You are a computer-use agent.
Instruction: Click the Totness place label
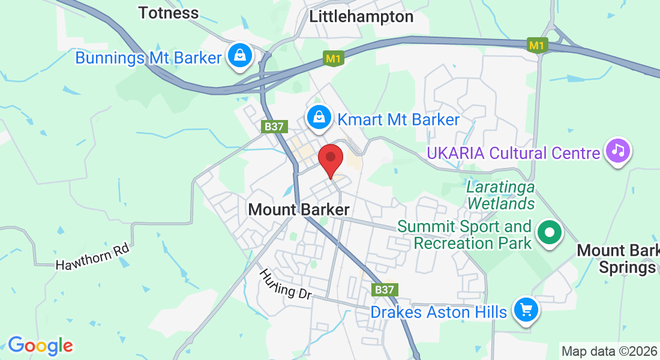pos(168,13)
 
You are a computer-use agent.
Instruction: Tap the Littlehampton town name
pos(361,17)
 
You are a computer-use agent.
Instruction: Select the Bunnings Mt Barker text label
pos(149,58)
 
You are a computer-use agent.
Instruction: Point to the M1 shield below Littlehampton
pos(334,59)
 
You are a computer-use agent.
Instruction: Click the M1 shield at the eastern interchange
pos(538,45)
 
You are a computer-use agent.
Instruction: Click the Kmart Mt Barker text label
pos(398,119)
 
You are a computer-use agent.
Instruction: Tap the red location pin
pos(330,160)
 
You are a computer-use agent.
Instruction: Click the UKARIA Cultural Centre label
pos(513,153)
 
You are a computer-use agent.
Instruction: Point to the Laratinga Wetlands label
pos(500,195)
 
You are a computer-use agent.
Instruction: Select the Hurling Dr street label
pos(286,284)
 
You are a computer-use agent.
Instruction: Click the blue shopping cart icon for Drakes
pos(526,310)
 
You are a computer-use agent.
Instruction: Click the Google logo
pos(40,346)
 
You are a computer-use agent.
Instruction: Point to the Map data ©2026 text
pos(609,351)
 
